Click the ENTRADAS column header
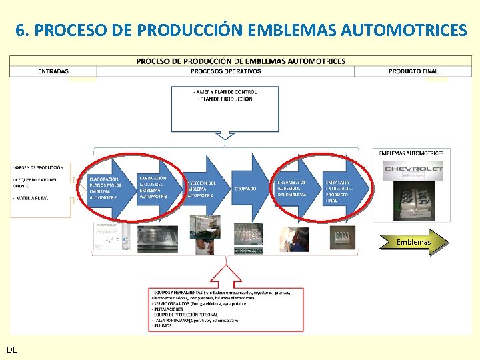pos(53,71)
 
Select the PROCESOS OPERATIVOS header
pos(225,71)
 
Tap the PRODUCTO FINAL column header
pos(413,71)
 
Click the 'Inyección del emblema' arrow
pos(203,188)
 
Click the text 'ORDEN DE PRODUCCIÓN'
pos(40,167)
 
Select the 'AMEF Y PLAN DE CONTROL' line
pos(225,91)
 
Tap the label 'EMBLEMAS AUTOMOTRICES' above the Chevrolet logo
pos(411,153)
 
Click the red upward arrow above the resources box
pos(225,273)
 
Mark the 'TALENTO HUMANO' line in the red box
pos(197,321)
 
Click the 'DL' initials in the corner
pos(12,349)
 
